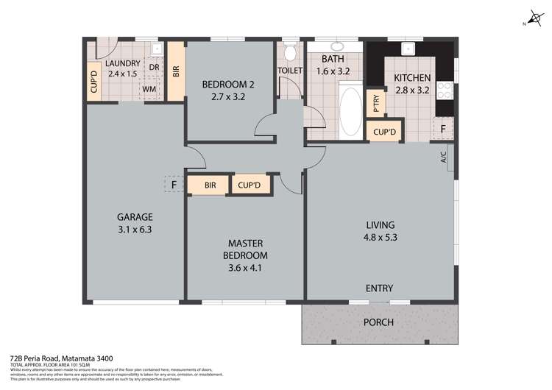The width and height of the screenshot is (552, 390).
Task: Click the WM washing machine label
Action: [149, 89]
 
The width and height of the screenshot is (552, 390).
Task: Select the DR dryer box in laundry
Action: [154, 67]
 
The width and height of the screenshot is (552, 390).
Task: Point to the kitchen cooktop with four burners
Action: [445, 91]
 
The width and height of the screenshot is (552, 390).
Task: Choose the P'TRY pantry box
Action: [375, 103]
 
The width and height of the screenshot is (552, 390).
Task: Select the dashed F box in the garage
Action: [174, 185]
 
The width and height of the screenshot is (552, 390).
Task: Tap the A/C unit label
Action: [444, 157]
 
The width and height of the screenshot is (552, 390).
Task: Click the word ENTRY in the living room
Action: [379, 288]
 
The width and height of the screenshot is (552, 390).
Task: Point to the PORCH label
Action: [378, 322]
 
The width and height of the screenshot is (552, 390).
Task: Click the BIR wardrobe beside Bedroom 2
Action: [175, 71]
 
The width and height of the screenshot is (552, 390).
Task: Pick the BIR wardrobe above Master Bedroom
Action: [210, 185]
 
